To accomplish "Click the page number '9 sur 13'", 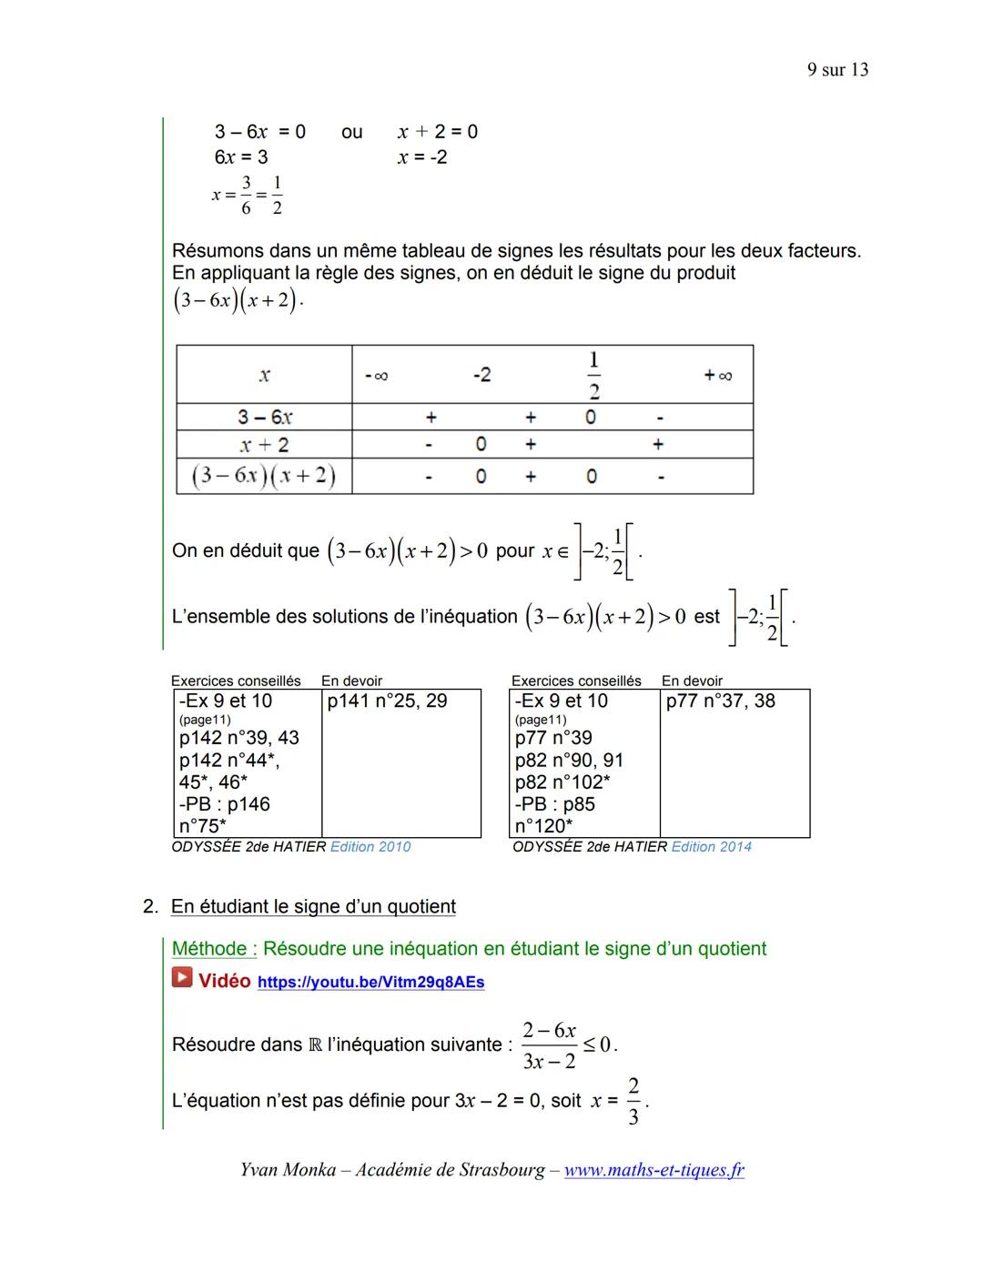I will [x=836, y=70].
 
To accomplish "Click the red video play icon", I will [x=182, y=978].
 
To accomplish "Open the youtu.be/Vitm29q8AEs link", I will [x=370, y=983].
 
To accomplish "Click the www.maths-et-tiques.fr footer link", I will [x=654, y=1170].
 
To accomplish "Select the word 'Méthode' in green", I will [x=213, y=949].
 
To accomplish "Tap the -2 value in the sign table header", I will [x=481, y=375].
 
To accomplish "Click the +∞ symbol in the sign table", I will [x=717, y=375].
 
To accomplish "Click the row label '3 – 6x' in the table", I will [x=264, y=417].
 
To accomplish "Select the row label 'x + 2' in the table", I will [x=264, y=445].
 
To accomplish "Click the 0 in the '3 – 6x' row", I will [x=591, y=417].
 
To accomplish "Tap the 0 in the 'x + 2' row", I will [x=481, y=444].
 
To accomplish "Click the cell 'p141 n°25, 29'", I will [x=387, y=701].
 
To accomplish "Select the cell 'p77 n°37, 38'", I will [x=720, y=701].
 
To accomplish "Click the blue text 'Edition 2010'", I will [x=370, y=847].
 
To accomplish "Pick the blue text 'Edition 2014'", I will [x=711, y=847].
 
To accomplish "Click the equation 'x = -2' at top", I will [x=422, y=157].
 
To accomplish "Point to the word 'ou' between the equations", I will [x=351, y=132].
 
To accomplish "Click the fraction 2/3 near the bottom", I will [x=633, y=1101].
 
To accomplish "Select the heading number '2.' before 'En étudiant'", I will [x=150, y=907].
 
